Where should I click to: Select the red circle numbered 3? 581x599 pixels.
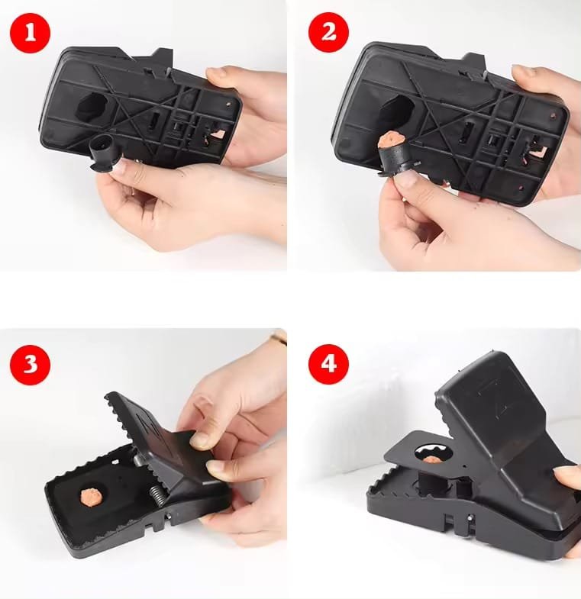[x=31, y=363]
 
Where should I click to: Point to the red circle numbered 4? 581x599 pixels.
[x=328, y=363]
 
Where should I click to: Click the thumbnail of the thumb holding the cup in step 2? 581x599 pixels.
[x=408, y=179]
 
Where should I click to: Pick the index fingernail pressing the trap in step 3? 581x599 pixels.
[x=201, y=440]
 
